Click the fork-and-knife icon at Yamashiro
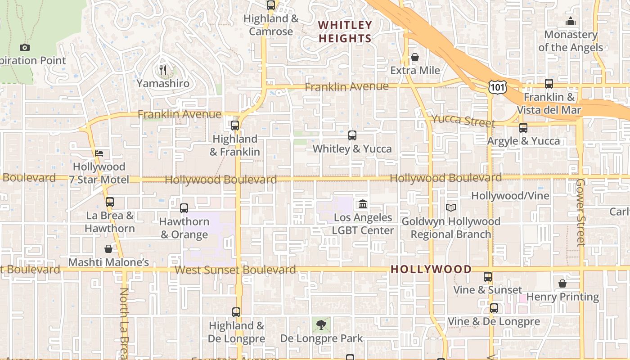coord(163,70)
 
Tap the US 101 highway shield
coord(498,87)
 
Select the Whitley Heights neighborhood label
coord(345,32)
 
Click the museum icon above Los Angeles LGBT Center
coord(363,205)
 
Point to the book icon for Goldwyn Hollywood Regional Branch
coord(450,208)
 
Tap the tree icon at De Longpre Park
coord(321,324)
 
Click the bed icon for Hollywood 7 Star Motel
coord(99,153)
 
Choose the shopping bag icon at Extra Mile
coord(415,57)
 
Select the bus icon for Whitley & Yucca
coord(352,135)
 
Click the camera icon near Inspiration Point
coord(25,47)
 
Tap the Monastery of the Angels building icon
coord(571,21)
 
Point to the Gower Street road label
coord(581,212)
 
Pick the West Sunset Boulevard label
coord(235,270)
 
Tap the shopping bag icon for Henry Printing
coord(562,283)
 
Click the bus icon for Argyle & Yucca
coord(523,128)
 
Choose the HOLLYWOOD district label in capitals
coord(431,270)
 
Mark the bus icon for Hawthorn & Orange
coord(184,208)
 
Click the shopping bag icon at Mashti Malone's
coord(108,249)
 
